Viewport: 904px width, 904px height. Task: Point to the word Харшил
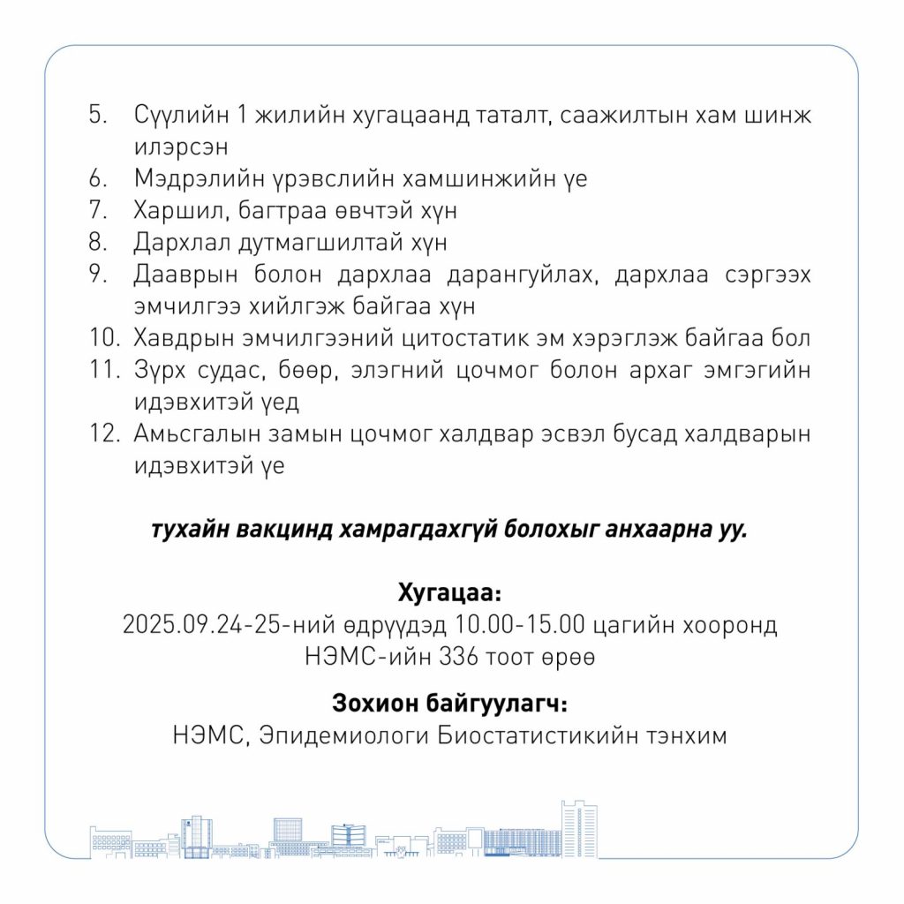174,211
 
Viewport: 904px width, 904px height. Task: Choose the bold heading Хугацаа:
450,591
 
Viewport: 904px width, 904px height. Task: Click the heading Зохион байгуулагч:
450,704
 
